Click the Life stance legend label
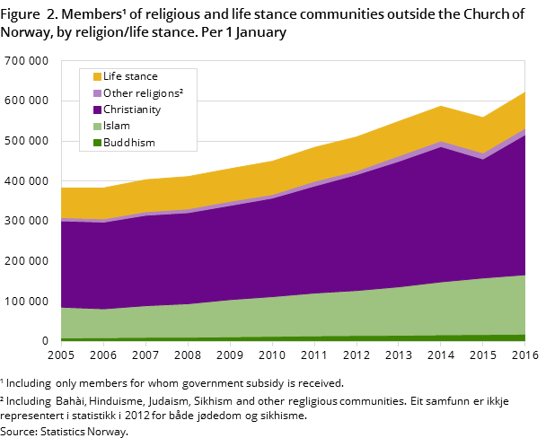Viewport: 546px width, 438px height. point(130,77)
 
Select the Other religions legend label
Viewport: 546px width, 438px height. point(143,93)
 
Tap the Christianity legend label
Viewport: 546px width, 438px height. point(131,109)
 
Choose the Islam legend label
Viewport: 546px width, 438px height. point(117,127)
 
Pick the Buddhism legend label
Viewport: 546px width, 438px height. point(128,143)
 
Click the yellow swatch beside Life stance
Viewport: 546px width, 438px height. point(97,77)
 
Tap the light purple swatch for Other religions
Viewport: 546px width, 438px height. point(97,93)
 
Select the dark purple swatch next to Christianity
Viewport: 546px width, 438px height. point(97,109)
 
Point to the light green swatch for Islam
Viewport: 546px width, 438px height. point(97,127)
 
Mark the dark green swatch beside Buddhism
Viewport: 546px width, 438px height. point(97,143)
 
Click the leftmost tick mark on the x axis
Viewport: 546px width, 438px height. point(61,345)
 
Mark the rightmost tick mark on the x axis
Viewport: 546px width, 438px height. point(524,345)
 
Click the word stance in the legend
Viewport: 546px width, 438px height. point(142,77)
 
